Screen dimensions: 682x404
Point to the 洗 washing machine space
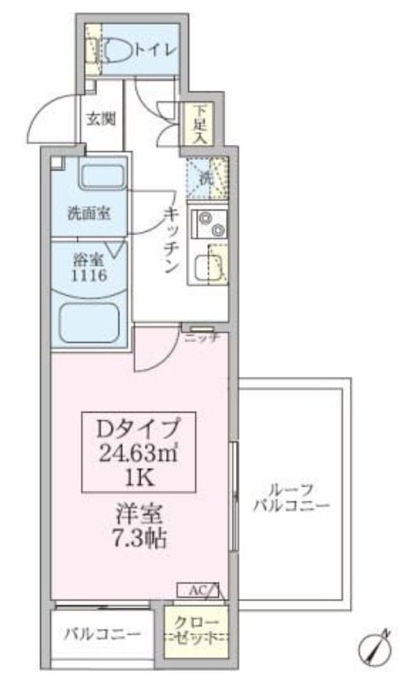pos(207,178)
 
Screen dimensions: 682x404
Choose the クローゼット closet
pos(196,630)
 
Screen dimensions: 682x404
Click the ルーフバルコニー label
pos(291,498)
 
